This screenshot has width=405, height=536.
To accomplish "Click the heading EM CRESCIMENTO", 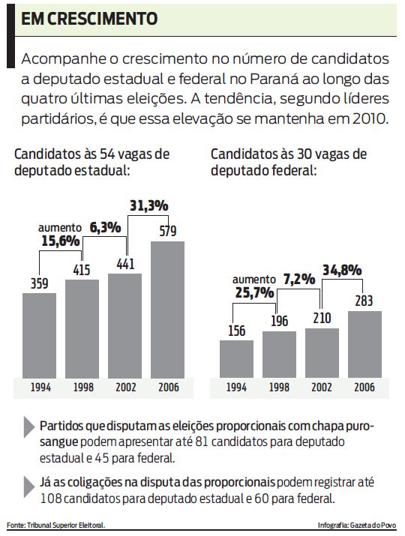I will pos(89,19).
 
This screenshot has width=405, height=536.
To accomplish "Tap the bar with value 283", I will pos(364,344).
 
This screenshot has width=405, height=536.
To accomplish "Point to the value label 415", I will pos(82,269).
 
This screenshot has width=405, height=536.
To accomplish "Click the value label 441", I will pos(124,263).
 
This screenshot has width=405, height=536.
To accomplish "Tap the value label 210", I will pos(322,318).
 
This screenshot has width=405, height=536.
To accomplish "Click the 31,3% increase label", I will pos(148,205).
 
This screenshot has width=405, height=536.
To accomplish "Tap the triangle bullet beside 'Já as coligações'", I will pos(29,483).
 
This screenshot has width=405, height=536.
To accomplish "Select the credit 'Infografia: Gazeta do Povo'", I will pos(358,526).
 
